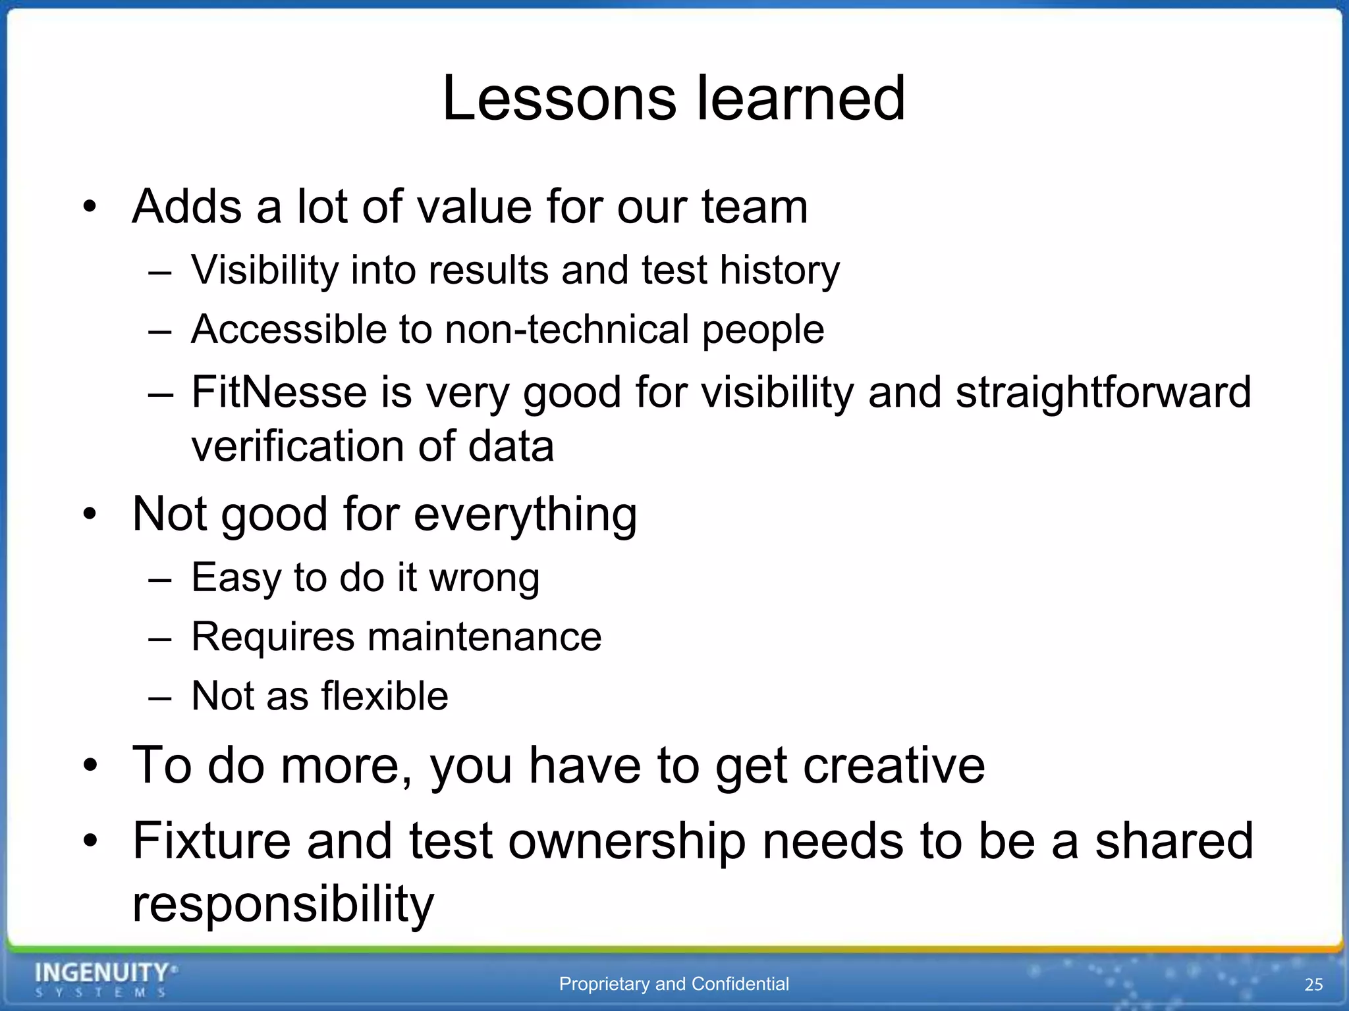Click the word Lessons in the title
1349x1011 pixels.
559,99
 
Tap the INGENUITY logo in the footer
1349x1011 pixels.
105,979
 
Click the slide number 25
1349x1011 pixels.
1313,985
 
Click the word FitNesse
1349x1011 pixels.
278,392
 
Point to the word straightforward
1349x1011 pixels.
1103,392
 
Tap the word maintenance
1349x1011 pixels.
484,637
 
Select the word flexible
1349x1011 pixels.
385,696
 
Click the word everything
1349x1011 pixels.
525,515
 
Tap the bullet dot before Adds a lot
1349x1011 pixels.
90,207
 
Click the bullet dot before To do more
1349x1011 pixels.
90,765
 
